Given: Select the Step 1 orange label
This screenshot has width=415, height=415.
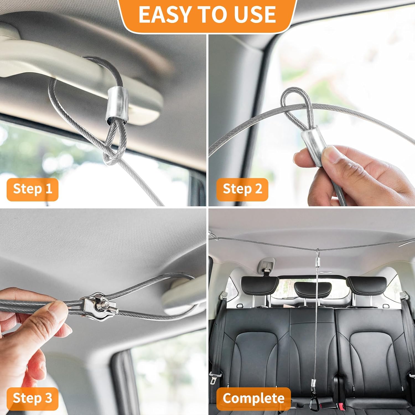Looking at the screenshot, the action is pyautogui.click(x=33, y=189).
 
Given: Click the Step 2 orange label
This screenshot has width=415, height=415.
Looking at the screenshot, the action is pyautogui.click(x=242, y=189).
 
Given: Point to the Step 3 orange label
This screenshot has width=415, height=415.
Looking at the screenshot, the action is pyautogui.click(x=33, y=399).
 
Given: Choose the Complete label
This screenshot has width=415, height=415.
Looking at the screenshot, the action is pyautogui.click(x=253, y=399).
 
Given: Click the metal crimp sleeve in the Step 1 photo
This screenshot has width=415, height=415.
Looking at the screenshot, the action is pyautogui.click(x=117, y=105).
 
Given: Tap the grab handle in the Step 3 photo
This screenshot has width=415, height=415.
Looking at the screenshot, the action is pyautogui.click(x=184, y=299).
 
